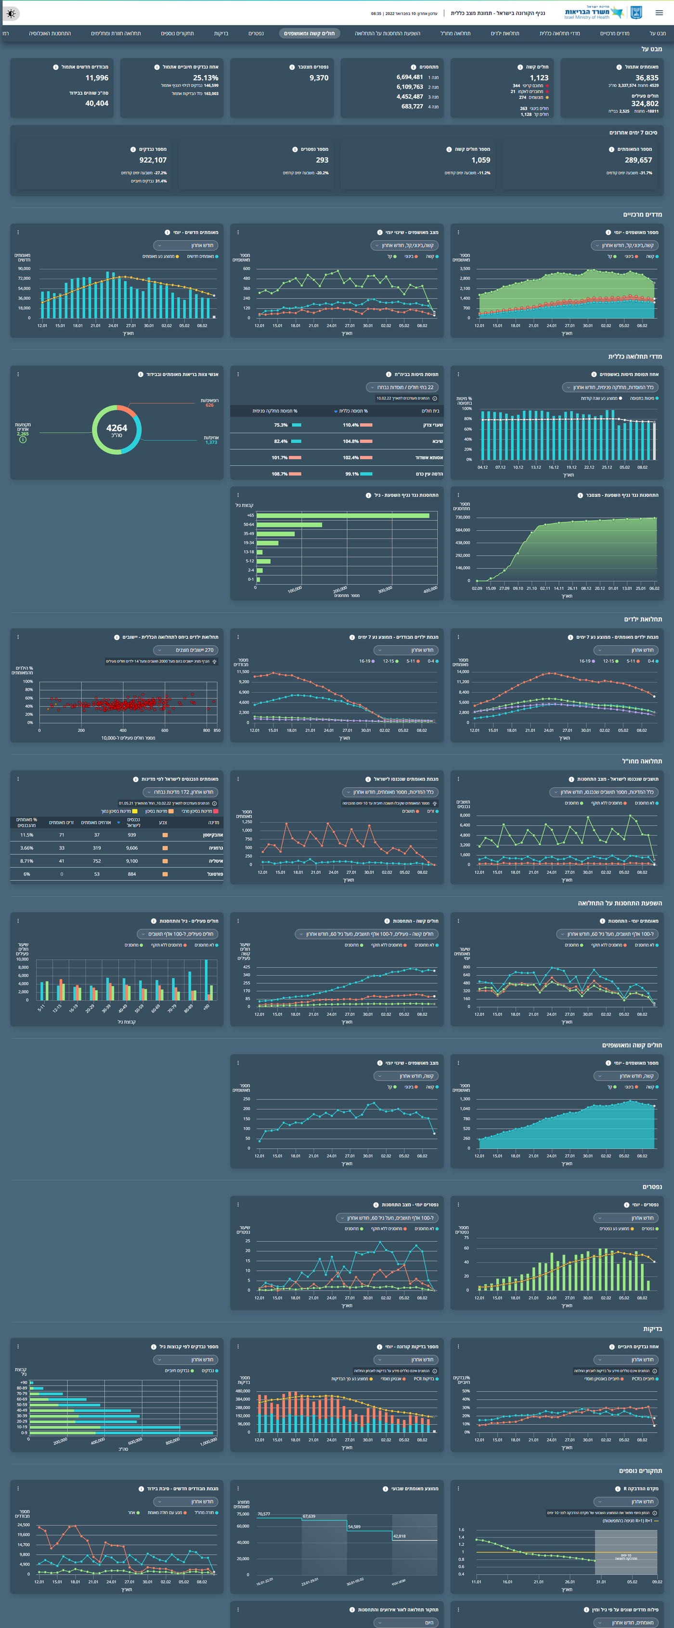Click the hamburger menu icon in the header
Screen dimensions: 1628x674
pos(659,13)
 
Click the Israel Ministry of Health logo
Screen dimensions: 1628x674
pos(603,13)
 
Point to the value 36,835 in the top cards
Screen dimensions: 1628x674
pos(646,78)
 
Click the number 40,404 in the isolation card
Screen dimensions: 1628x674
pos(97,103)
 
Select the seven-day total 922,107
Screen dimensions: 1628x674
pos(153,160)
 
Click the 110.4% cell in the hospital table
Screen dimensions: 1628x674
pos(350,425)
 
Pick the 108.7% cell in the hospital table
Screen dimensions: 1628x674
pos(279,474)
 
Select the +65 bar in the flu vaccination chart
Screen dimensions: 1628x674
pos(342,516)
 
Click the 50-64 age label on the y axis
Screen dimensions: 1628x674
pos(248,524)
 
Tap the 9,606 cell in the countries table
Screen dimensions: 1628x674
pos(131,848)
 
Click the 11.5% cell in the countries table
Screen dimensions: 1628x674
pos(26,835)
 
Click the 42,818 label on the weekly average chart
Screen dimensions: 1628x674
pos(399,1536)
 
